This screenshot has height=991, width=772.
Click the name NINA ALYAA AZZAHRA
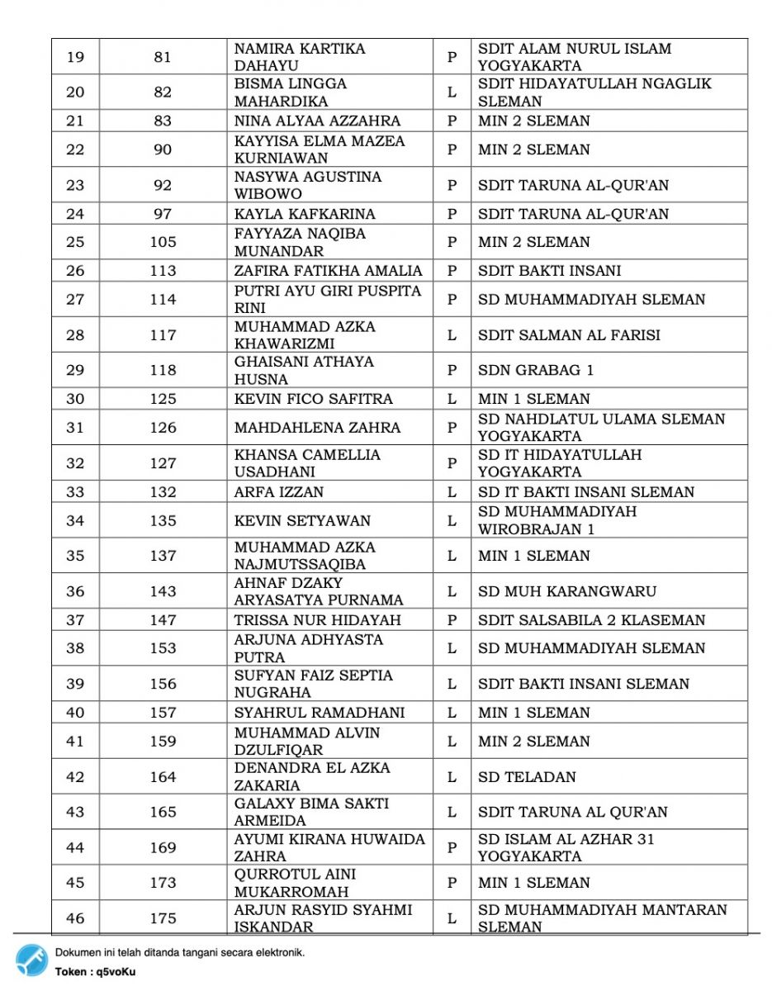point(318,121)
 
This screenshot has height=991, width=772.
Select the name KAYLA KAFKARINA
point(305,214)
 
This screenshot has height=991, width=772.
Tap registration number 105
point(163,242)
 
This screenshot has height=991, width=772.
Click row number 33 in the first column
point(75,492)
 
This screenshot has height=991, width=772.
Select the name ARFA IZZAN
point(279,492)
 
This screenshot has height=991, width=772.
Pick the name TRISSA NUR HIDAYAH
point(318,620)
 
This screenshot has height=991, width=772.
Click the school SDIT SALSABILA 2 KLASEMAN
point(591,620)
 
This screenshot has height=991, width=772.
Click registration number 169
point(163,847)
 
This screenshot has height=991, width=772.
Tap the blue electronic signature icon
point(31,960)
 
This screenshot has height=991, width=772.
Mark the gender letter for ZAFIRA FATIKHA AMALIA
point(452,271)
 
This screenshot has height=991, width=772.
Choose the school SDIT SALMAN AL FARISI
point(569,335)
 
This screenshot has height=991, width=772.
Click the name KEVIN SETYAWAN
point(302,521)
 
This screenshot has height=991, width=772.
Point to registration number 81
point(163,57)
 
